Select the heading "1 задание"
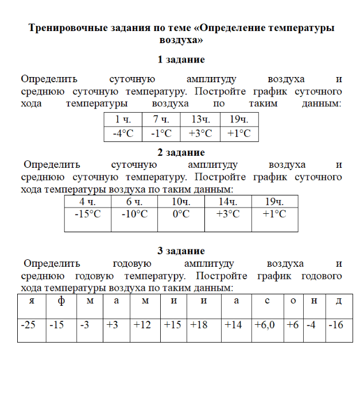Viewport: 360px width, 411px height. [181, 60]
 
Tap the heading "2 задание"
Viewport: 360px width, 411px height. [181, 152]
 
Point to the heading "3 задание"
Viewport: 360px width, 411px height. [181, 251]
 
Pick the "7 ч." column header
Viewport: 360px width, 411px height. [161, 120]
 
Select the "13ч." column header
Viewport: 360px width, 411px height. [200, 120]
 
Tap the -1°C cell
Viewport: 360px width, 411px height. [161, 133]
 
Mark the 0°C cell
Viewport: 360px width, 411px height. [181, 214]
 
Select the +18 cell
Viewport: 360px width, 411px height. [199, 325]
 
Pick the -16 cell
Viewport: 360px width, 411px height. [336, 325]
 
